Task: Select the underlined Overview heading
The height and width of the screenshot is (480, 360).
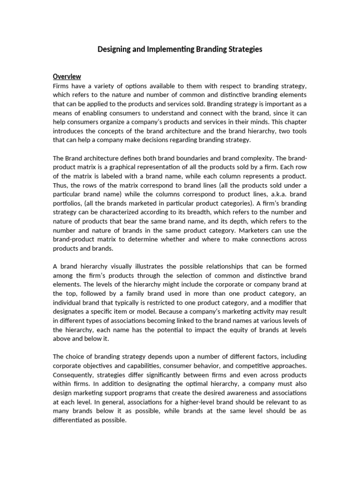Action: point(67,76)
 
